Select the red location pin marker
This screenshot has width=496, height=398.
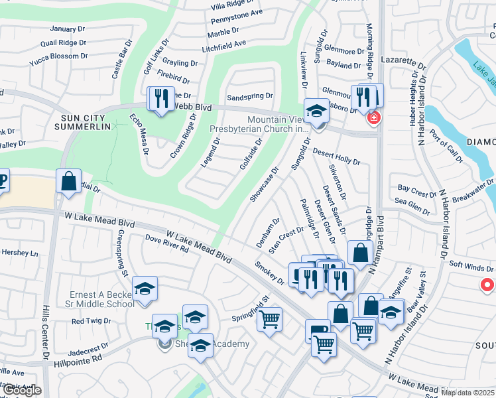click(487, 285)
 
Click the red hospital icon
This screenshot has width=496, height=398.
click(374, 117)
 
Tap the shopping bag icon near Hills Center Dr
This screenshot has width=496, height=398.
click(68, 181)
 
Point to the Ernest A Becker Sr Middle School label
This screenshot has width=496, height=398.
click(102, 299)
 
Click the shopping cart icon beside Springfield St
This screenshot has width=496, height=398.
click(269, 320)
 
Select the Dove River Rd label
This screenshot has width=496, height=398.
click(166, 246)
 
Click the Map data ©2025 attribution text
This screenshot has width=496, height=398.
click(467, 392)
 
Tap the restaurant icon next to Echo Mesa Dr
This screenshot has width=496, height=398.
click(161, 99)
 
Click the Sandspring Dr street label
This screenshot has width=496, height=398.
click(250, 97)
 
